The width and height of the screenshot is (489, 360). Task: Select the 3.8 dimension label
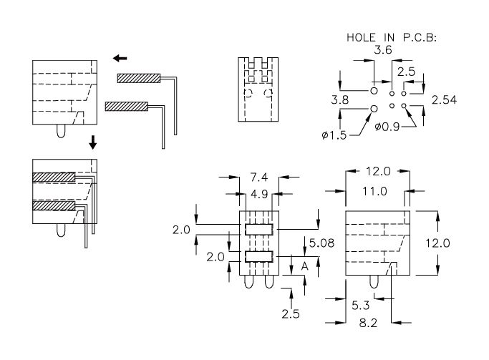point(340,101)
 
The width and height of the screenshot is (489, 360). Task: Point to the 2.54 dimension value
point(445,99)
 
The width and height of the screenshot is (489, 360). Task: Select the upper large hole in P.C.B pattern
point(374,92)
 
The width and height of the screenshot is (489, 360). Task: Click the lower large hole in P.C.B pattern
point(374,109)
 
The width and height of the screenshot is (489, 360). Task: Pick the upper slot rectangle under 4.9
point(259,229)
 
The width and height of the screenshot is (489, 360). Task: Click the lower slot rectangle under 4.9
point(259,257)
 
